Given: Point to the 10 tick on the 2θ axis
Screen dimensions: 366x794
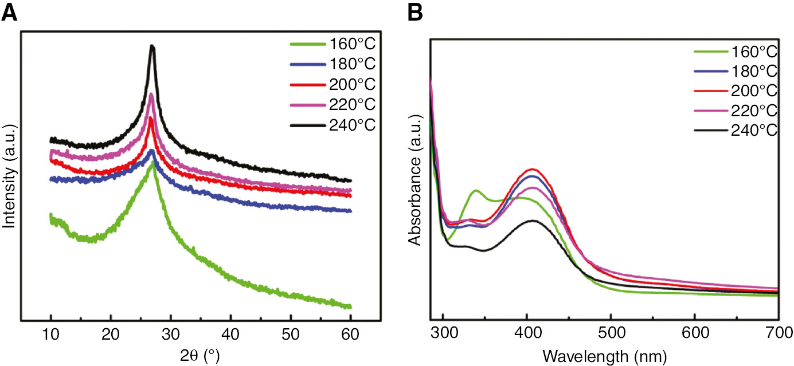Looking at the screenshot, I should (x=51, y=334).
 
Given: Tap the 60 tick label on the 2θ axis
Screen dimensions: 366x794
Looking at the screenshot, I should (x=350, y=334).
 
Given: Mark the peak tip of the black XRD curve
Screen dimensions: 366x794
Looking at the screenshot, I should (x=152, y=46).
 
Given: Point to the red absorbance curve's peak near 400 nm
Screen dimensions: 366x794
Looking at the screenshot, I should (x=533, y=169).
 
